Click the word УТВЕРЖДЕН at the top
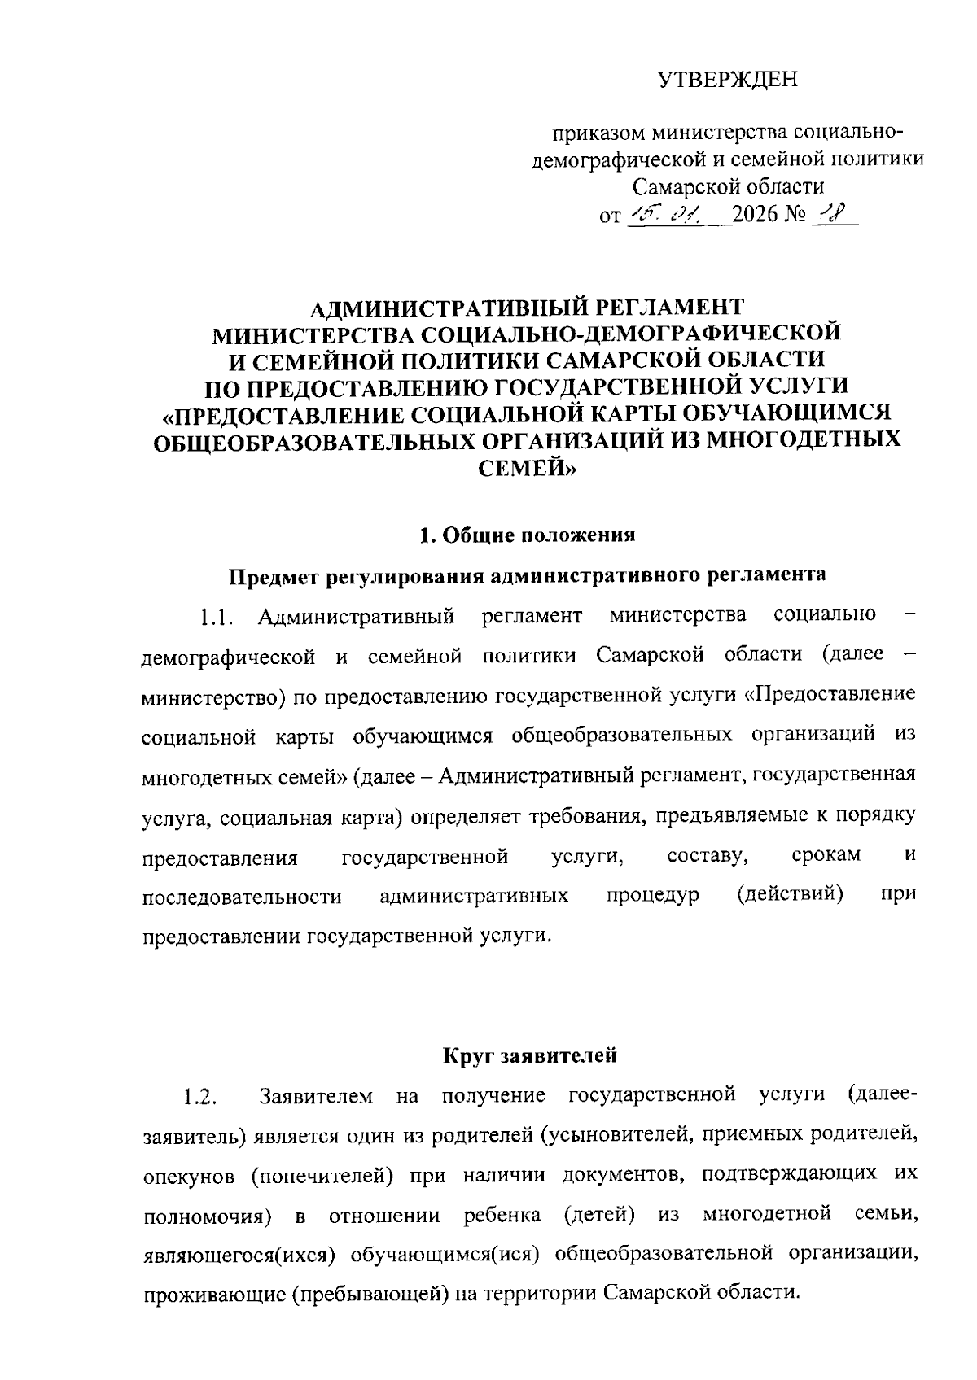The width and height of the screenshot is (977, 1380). [728, 80]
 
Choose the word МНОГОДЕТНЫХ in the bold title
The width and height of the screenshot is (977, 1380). [803, 439]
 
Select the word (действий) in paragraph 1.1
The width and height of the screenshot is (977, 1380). [789, 895]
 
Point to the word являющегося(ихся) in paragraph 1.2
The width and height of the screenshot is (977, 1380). [239, 1255]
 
